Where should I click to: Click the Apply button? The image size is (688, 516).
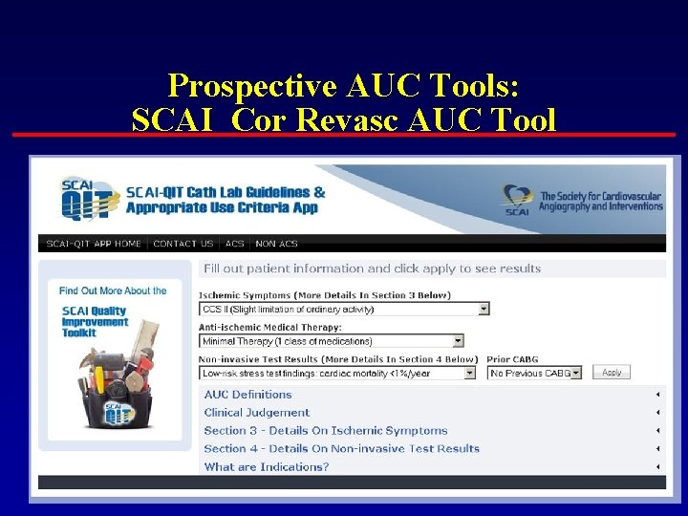pyautogui.click(x=612, y=373)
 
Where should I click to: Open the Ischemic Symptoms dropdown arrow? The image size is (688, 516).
pyautogui.click(x=484, y=309)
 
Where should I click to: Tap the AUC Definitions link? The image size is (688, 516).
pyautogui.click(x=247, y=395)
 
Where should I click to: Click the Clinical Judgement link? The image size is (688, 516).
pyautogui.click(x=256, y=413)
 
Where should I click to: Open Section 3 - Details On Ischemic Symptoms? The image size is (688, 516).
pyautogui.click(x=325, y=431)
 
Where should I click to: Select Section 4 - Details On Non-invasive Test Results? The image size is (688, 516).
pyautogui.click(x=341, y=449)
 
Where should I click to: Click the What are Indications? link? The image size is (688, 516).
pyautogui.click(x=266, y=467)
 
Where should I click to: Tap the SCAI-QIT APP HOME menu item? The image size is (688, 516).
pyautogui.click(x=94, y=244)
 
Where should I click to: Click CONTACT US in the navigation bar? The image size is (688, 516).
pyautogui.click(x=183, y=244)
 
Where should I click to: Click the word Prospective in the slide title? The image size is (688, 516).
pyautogui.click(x=251, y=86)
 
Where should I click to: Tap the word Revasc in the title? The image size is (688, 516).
pyautogui.click(x=376, y=120)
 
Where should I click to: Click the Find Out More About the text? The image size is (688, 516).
pyautogui.click(x=113, y=290)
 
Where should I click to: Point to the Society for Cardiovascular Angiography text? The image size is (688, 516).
pyautogui.click(x=600, y=201)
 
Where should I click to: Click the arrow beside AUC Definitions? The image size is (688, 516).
pyautogui.click(x=657, y=395)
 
